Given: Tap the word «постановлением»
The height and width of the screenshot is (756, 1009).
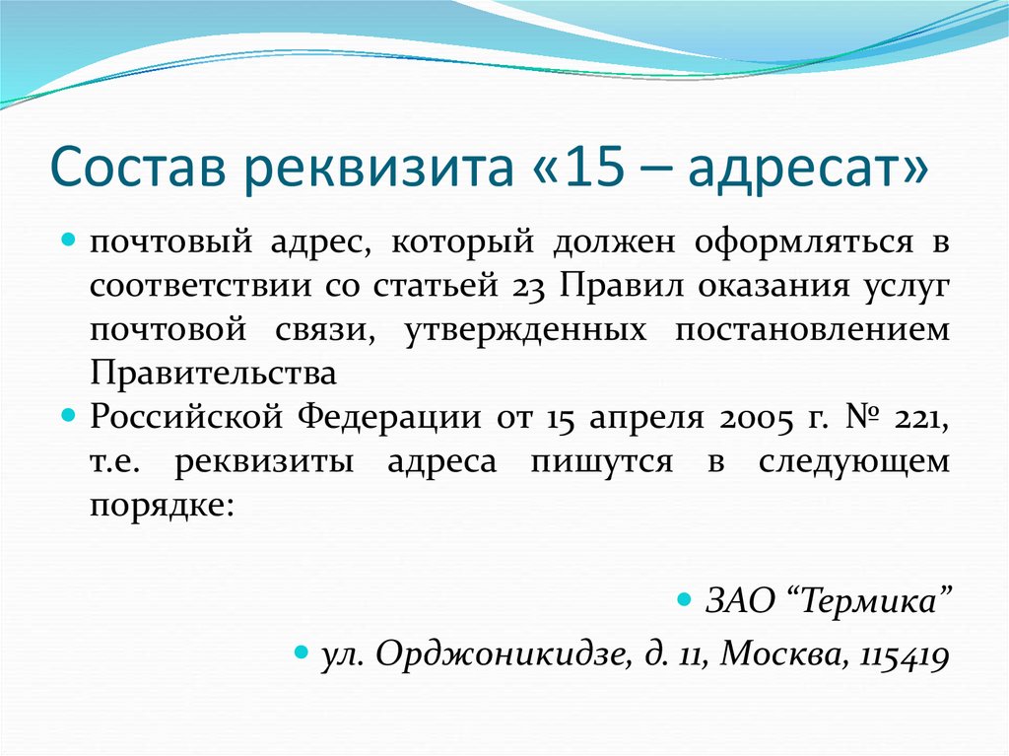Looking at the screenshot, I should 813,329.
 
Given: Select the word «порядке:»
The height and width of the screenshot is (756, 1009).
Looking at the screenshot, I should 163,506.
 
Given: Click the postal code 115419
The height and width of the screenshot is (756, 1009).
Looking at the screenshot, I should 905,654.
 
